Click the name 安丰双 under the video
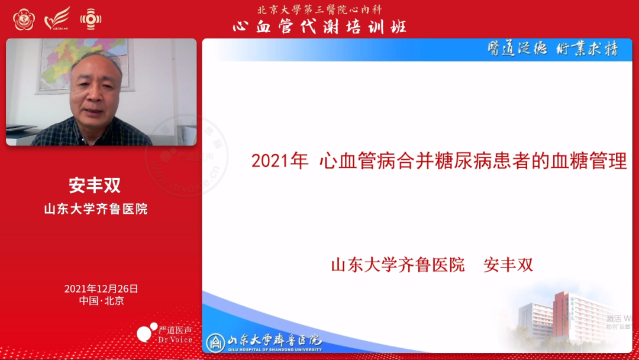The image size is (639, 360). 95,185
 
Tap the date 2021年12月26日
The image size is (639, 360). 101,289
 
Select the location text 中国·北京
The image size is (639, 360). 101,301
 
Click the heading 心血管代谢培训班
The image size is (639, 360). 319,27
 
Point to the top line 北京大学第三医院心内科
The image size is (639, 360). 319,10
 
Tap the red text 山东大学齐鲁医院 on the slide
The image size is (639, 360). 398,265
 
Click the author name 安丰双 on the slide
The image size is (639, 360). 508,265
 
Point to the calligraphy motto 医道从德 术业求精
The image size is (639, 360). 553,49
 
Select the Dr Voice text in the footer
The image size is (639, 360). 175,340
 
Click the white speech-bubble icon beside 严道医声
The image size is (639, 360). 146,333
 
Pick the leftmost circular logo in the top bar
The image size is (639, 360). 24,19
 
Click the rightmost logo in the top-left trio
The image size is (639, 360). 91,19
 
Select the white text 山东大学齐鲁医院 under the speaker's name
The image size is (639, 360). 95,209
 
